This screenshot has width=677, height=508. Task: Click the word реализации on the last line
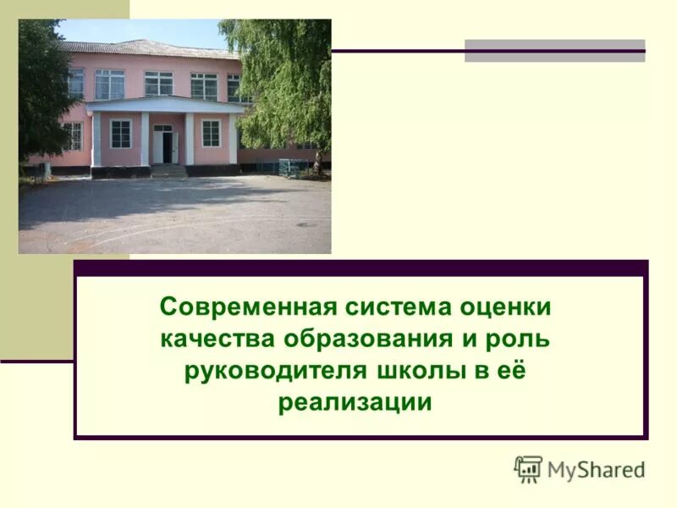point(355,402)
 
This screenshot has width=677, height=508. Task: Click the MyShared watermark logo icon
point(528,468)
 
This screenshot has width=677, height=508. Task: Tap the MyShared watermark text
point(595,469)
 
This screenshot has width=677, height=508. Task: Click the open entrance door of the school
point(163,145)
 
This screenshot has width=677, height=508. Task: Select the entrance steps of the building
point(168,170)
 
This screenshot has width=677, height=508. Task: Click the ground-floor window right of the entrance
point(211,133)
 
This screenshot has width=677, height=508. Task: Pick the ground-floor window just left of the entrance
point(121,133)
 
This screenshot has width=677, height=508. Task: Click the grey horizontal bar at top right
point(554,51)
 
